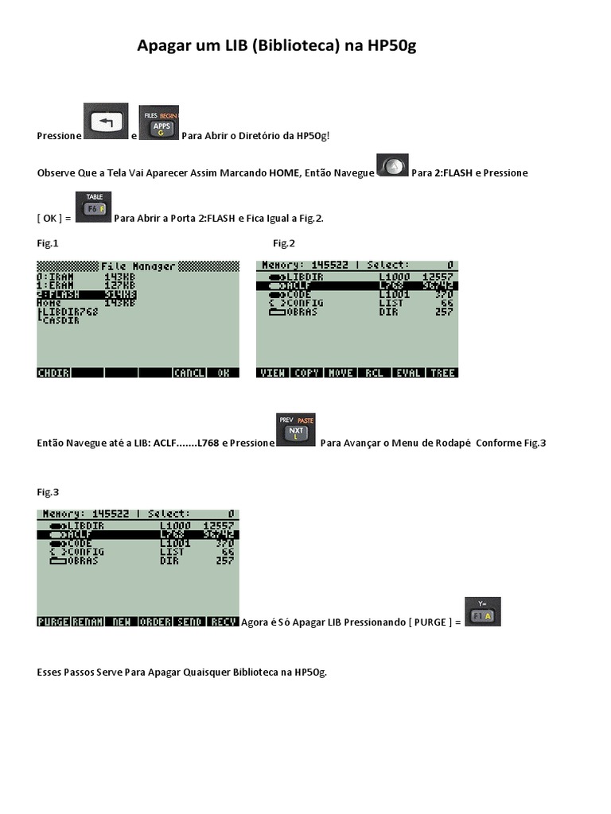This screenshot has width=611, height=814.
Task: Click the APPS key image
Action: click(159, 124)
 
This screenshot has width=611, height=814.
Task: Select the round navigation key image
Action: click(392, 165)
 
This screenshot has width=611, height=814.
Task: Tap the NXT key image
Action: click(295, 431)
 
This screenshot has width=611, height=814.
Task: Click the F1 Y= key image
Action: click(482, 613)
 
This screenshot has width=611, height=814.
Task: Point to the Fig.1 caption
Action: click(48, 243)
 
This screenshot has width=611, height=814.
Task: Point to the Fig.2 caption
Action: click(284, 243)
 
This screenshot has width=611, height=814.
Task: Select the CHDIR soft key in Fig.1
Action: click(53, 372)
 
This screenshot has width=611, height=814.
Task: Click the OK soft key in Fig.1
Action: click(223, 372)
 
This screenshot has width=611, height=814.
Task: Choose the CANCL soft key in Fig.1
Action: click(189, 372)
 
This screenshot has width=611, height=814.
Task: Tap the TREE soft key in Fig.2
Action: click(442, 373)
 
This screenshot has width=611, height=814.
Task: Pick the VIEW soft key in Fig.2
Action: click(272, 373)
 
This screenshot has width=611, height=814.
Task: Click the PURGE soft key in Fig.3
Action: click(53, 622)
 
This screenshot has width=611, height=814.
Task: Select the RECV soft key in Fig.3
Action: click(223, 622)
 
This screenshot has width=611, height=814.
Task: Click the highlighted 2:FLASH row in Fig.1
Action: click(87, 294)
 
